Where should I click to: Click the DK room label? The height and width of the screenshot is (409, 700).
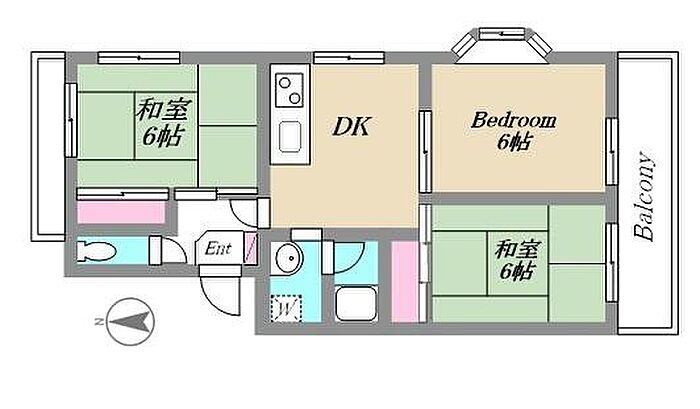(x=351, y=128)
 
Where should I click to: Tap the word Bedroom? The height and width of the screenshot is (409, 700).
(x=513, y=121)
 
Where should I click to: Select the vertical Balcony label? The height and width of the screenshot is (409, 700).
(x=645, y=197)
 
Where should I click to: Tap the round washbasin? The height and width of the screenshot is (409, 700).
(x=287, y=259)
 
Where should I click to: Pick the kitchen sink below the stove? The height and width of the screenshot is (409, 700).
(x=290, y=136)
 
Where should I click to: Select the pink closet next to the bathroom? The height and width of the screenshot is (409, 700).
(x=405, y=281)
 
